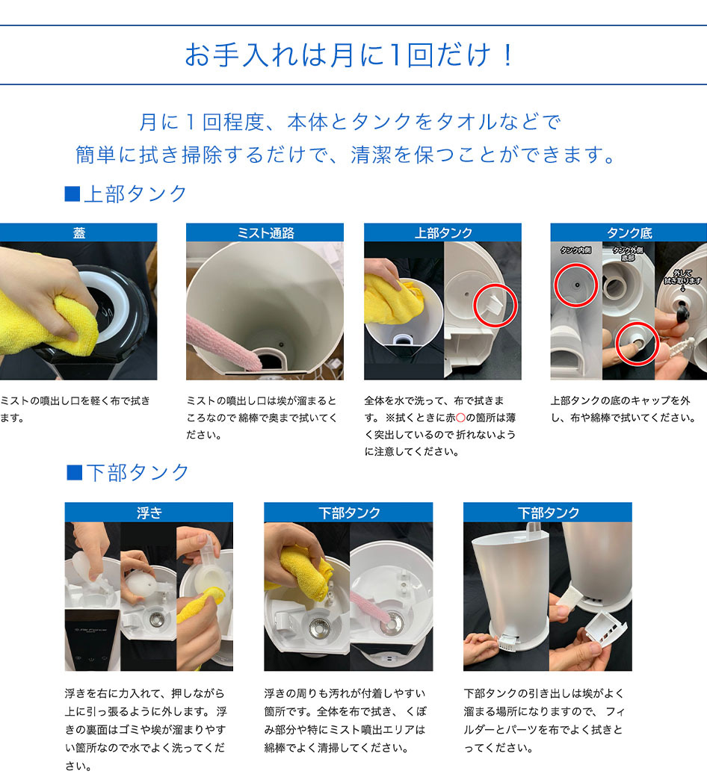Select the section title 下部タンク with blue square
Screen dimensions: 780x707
[128, 472]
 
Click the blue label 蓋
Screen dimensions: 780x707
[78, 233]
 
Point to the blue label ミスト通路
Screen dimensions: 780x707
[265, 233]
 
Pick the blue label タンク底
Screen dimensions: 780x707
[629, 233]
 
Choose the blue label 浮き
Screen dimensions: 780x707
[149, 513]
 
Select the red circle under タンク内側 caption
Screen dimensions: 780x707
[575, 285]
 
